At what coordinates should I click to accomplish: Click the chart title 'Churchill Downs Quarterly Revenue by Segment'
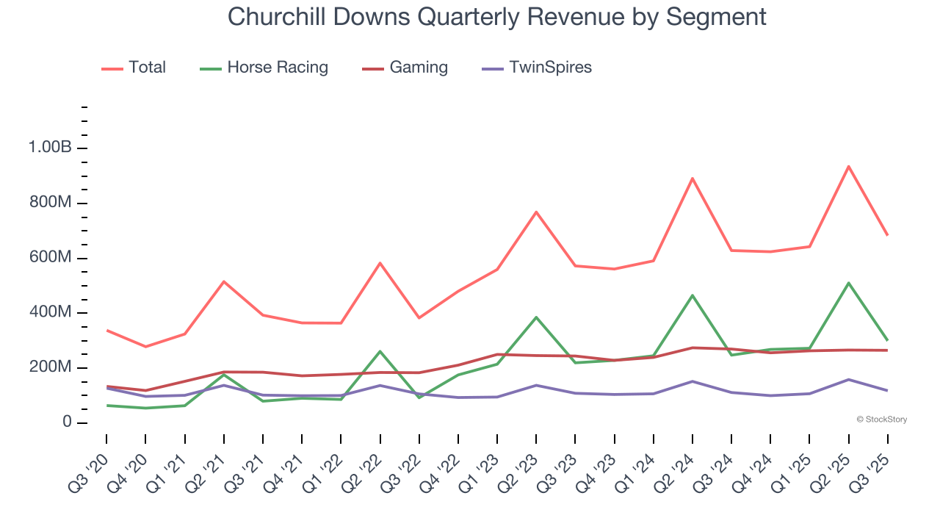[496, 16]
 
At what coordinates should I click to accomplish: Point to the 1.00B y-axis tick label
[50, 148]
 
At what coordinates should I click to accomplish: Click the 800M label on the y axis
[50, 203]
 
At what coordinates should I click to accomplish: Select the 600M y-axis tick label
[50, 258]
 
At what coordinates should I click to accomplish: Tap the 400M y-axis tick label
[50, 313]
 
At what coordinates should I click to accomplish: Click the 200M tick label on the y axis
[50, 367]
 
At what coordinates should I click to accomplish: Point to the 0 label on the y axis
[66, 422]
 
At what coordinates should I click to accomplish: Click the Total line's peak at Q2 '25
[848, 166]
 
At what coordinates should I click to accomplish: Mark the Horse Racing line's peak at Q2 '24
[693, 295]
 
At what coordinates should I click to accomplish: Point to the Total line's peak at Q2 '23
[536, 212]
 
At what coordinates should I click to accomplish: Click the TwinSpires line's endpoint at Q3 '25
[887, 390]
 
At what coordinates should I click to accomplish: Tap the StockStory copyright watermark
[881, 420]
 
